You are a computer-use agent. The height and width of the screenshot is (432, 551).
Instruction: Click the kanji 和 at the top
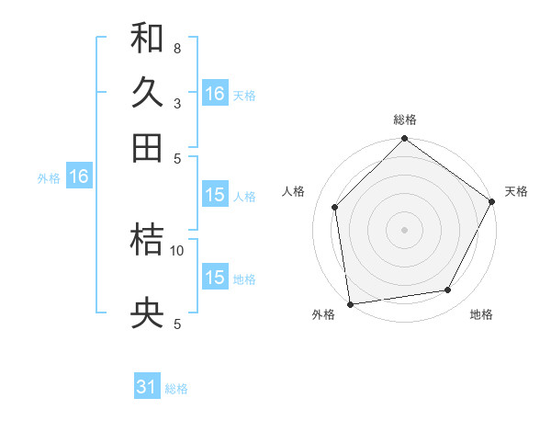point(147,39)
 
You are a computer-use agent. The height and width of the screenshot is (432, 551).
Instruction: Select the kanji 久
point(147,94)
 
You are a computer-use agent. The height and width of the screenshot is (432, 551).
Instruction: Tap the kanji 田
point(147,148)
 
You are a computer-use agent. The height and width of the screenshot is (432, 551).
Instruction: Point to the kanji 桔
point(147,240)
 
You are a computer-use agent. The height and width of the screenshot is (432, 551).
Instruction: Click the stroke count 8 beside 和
point(176,48)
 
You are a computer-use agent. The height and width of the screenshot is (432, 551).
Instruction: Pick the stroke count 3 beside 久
point(176,103)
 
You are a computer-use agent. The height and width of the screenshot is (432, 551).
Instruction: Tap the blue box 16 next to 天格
point(215,94)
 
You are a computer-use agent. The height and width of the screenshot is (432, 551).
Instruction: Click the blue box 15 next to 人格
point(215,195)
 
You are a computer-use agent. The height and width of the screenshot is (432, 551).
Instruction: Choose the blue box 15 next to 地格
point(215,278)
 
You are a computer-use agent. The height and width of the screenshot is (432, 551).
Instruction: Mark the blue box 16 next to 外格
point(79,176)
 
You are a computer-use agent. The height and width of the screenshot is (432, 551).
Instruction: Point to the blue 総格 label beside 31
point(176,389)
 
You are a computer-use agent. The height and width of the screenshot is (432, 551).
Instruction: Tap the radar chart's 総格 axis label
point(405,119)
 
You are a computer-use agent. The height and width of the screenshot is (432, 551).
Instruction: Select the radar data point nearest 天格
point(492,201)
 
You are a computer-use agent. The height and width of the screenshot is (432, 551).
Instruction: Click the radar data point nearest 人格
point(335,207)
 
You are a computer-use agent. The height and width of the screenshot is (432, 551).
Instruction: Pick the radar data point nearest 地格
point(448,290)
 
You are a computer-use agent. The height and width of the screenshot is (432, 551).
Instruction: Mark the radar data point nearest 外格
point(350,304)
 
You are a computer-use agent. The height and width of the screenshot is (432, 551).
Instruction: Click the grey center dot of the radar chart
point(405,230)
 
